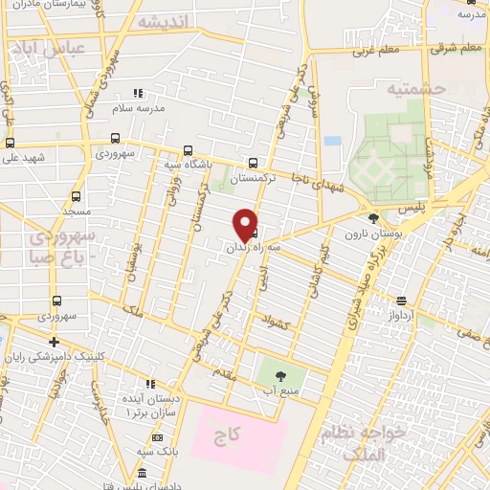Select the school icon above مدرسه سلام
tap(138, 94)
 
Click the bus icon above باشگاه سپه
tap(188, 150)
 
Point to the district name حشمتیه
tap(416, 88)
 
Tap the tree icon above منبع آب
tap(279, 375)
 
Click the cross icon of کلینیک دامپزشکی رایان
tap(55, 342)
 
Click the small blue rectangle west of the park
tap(332, 141)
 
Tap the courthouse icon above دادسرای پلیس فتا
tap(143, 473)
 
